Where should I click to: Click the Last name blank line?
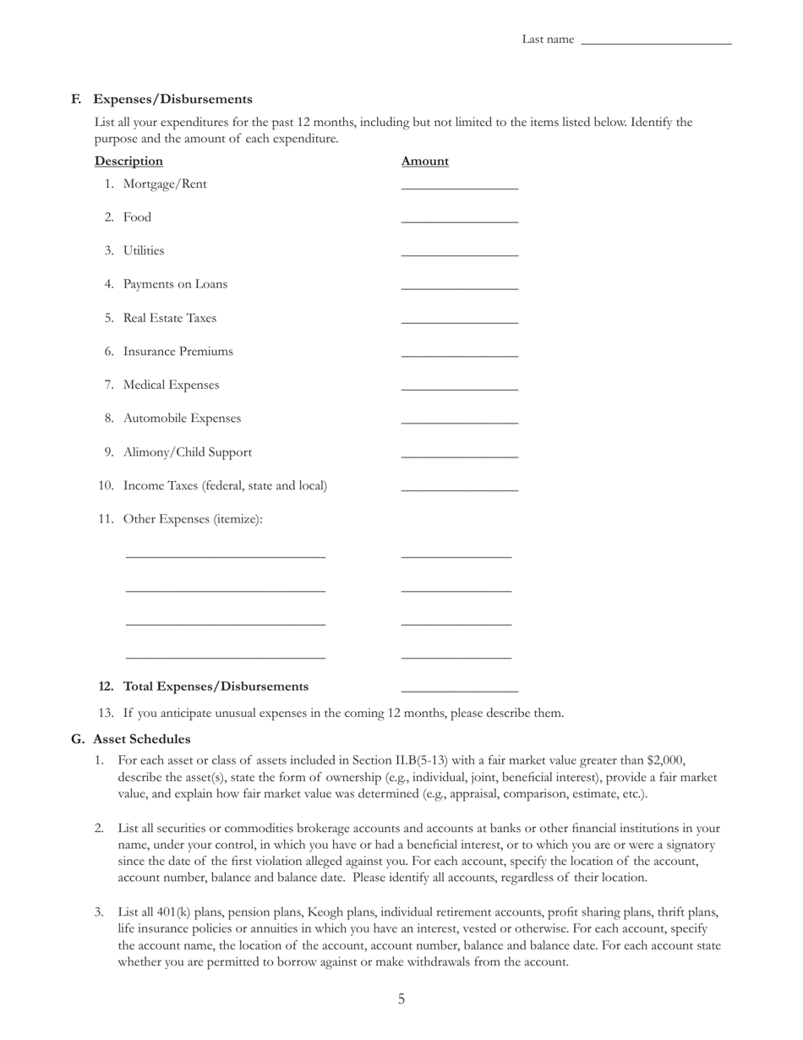[656, 40]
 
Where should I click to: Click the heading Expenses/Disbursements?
[172, 99]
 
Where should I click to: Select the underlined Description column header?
[128, 161]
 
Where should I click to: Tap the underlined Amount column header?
[424, 161]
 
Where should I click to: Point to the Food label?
[137, 217]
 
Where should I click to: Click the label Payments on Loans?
[175, 284]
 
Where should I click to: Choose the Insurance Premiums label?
[178, 351]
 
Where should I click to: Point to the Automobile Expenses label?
[182, 419]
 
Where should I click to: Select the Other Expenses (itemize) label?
[193, 519]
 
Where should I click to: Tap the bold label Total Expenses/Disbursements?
[216, 687]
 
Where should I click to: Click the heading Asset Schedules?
[141, 739]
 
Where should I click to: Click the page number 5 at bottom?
[401, 999]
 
